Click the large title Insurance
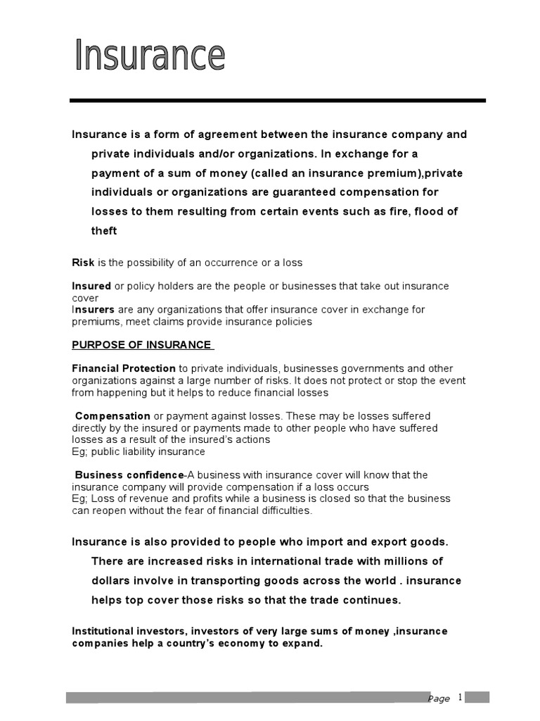pyautogui.click(x=150, y=56)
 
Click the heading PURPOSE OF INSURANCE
pyautogui.click(x=141, y=344)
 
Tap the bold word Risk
pyautogui.click(x=83, y=263)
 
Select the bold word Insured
pyautogui.click(x=91, y=286)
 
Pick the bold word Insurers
pyautogui.click(x=94, y=309)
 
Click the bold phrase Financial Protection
pyautogui.click(x=124, y=368)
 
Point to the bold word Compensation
pyautogui.click(x=112, y=416)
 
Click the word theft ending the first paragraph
pyautogui.click(x=104, y=230)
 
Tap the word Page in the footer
pyautogui.click(x=439, y=698)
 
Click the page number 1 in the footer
pyautogui.click(x=460, y=697)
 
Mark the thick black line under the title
pyautogui.click(x=277, y=101)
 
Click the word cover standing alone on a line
pyautogui.click(x=85, y=298)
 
